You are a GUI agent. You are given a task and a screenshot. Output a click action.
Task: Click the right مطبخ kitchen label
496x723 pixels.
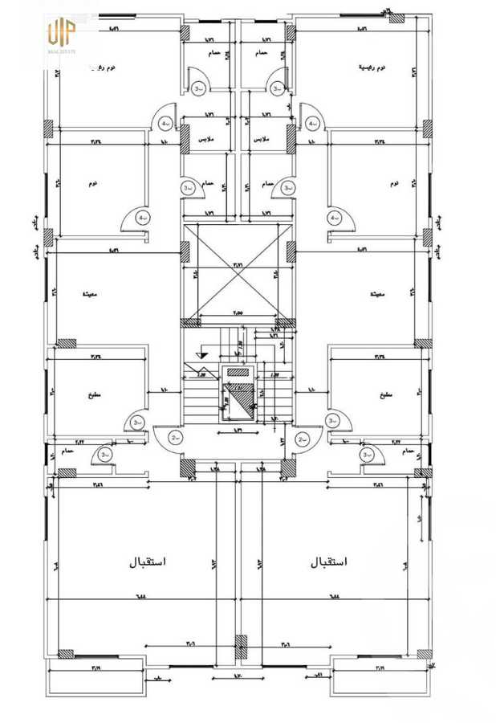point(385,395)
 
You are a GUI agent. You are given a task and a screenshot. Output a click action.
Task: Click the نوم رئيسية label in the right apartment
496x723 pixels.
point(371,68)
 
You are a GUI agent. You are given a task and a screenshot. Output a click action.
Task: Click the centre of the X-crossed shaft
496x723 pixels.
point(238,272)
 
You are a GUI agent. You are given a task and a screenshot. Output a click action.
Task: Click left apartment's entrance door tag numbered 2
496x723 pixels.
point(176,439)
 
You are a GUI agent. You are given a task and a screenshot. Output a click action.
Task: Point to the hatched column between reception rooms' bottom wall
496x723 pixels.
point(239,647)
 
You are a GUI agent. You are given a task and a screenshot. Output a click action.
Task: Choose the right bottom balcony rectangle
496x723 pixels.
point(380,679)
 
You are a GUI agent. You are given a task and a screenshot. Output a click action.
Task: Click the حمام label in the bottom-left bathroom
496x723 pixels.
point(67,451)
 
